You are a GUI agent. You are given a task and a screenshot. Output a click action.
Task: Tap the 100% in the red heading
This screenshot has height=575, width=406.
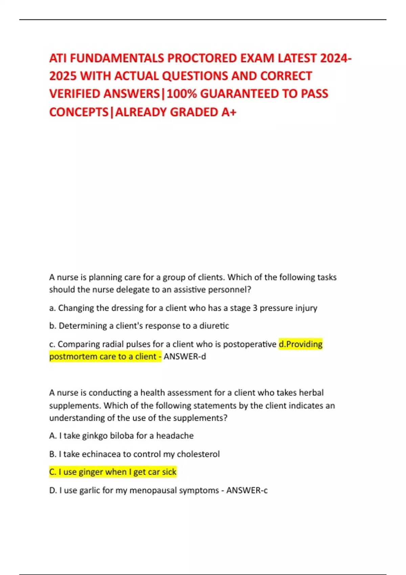(x=182, y=94)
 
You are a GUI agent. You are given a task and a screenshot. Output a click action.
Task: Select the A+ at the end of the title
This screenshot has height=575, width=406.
(x=229, y=112)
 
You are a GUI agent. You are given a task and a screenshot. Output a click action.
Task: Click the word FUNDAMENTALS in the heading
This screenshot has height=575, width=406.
(x=117, y=59)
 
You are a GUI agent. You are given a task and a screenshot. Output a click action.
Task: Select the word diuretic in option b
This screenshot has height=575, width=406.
(x=214, y=326)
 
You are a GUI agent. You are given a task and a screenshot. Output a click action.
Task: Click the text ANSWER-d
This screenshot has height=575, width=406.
(x=185, y=357)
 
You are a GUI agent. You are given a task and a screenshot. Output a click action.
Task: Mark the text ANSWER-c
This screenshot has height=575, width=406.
(x=247, y=490)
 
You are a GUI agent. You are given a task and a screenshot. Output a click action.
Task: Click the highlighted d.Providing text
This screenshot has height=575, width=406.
(x=300, y=344)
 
